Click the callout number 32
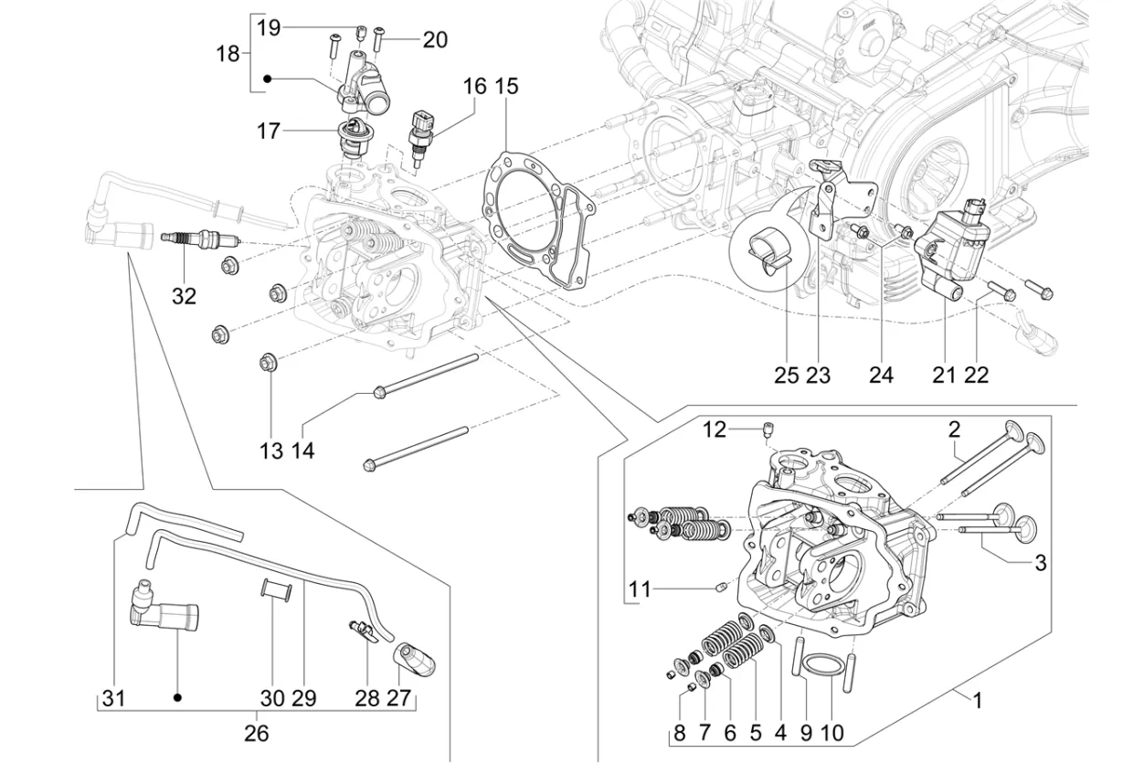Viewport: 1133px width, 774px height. (x=184, y=296)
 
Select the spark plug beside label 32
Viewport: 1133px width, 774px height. (x=198, y=239)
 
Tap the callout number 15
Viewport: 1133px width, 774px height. (x=506, y=86)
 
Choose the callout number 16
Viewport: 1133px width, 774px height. (x=474, y=86)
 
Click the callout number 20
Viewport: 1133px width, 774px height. (x=435, y=39)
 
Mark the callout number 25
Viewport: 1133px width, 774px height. (x=786, y=375)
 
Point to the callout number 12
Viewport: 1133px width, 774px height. (x=714, y=429)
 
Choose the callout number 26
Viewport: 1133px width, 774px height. (x=257, y=733)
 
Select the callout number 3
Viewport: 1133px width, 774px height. (x=1040, y=563)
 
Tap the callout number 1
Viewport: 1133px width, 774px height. (x=977, y=702)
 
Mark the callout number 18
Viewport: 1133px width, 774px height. (x=228, y=54)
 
